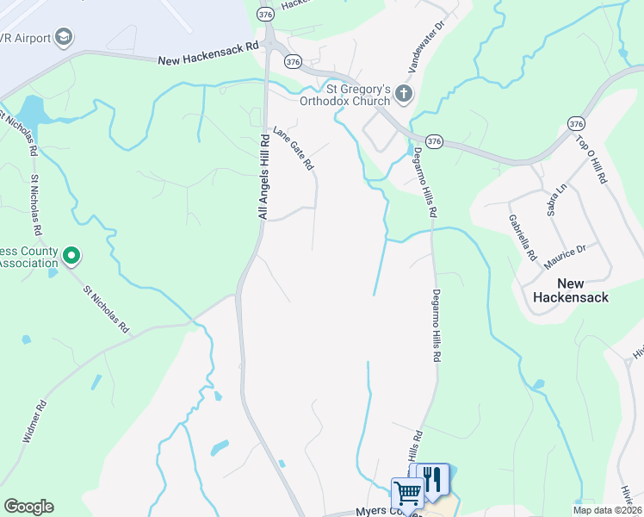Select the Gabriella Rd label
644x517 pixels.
[523, 238]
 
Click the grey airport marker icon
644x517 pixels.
[64, 37]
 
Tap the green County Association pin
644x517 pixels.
[72, 255]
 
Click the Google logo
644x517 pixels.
[28, 507]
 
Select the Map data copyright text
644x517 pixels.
[607, 510]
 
